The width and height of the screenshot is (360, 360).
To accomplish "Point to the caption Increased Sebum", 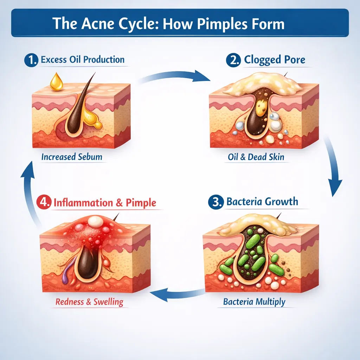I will coord(72,157).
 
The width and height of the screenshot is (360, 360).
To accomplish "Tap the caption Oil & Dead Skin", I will coord(256,157).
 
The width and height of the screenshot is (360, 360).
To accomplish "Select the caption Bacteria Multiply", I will coord(254,302).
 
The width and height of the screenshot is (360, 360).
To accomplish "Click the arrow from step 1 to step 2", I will coord(176,75).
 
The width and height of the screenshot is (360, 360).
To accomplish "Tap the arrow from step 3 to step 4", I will coord(179,294).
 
